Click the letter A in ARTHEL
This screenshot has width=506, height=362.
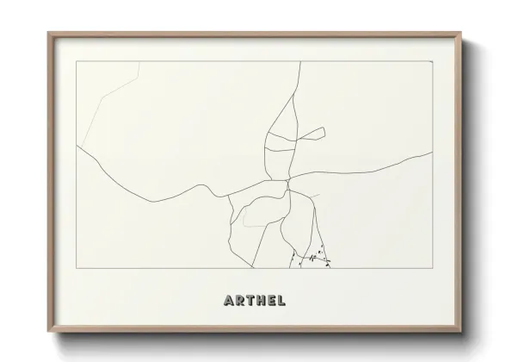(x=228, y=301)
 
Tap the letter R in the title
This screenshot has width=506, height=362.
(x=240, y=301)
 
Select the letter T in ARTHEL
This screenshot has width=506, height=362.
(x=250, y=301)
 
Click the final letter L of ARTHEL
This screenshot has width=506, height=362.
(x=283, y=301)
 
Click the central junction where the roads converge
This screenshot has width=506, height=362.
(x=287, y=181)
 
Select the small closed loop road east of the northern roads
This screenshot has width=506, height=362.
(x=312, y=134)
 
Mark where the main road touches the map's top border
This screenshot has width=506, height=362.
(x=299, y=62)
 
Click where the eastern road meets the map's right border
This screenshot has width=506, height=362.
(x=432, y=153)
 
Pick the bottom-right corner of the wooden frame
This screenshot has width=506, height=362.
(x=460, y=331)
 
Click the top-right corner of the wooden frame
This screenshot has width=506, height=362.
(x=460, y=34)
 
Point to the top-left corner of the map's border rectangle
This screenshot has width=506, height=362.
(x=77, y=62)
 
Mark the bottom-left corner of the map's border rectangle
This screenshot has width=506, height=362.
(x=77, y=268)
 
